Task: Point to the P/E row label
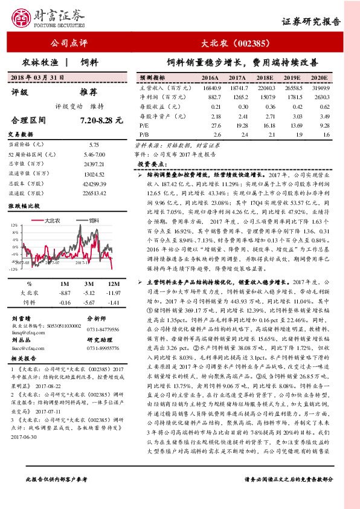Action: point(145,125)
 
